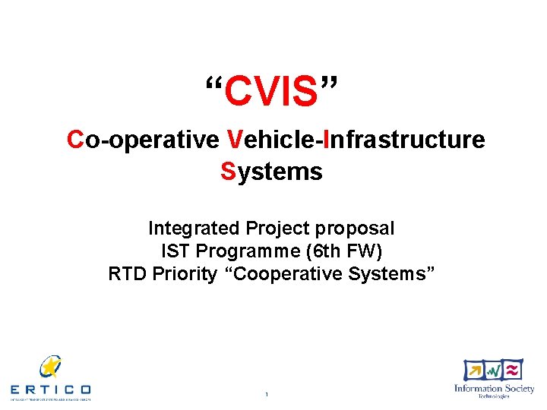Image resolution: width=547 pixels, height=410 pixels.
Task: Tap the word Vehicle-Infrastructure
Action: [356, 140]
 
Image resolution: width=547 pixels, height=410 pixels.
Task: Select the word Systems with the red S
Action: [272, 172]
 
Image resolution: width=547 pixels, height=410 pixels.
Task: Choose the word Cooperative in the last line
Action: [294, 273]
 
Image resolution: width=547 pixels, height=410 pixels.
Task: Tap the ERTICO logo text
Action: [50, 389]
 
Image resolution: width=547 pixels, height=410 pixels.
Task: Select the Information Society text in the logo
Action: [494, 389]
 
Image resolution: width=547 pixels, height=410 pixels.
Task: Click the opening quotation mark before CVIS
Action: [215, 82]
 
